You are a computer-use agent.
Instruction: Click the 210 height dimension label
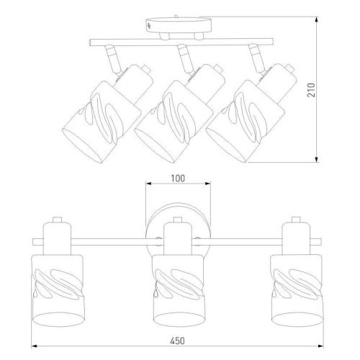(x=311, y=90)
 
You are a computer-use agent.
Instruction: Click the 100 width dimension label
(x=178, y=179)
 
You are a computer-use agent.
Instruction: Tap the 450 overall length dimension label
(x=178, y=341)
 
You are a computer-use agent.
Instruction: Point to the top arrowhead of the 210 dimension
(x=317, y=19)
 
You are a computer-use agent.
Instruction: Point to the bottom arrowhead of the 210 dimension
(x=317, y=159)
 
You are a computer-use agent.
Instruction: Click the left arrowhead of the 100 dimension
(x=149, y=184)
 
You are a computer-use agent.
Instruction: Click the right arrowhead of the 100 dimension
(x=207, y=184)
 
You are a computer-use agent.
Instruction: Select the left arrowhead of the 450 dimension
(x=35, y=346)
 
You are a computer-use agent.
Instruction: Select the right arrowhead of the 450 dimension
(x=320, y=346)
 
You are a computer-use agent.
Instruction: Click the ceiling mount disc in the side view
(x=179, y=25)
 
